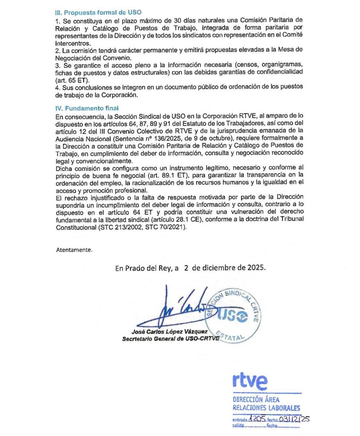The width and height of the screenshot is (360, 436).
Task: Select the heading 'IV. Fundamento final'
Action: [x=87, y=108]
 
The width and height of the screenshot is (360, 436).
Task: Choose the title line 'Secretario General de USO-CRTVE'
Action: [x=171, y=338]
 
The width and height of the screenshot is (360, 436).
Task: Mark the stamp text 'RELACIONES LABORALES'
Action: [x=266, y=407]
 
